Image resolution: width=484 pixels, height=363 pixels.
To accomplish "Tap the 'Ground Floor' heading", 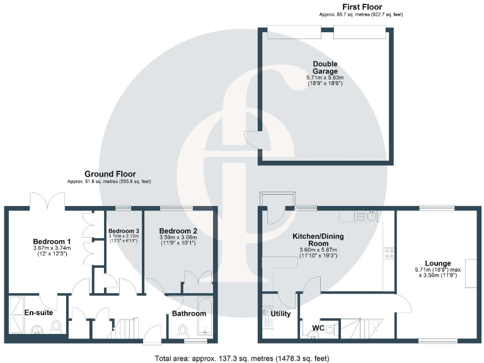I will point(110,174).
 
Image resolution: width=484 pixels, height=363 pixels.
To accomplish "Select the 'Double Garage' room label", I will point(325,67).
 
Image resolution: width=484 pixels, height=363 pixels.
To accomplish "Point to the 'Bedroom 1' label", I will point(52,241).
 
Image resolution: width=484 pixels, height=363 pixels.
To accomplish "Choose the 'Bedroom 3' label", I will point(124,230).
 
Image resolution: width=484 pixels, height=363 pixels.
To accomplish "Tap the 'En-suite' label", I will point(38,312).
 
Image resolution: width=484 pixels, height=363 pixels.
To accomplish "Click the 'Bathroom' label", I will point(190,313).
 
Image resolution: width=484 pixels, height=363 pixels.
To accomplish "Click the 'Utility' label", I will point(280,313).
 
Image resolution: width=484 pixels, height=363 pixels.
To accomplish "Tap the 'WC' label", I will point(318,328).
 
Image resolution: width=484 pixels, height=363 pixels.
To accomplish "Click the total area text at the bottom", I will point(242,358).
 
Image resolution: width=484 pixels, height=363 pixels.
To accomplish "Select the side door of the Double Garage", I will point(253,139).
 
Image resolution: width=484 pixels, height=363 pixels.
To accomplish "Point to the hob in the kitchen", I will point(389,253).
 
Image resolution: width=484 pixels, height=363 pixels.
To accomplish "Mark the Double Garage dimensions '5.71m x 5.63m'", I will point(325,78).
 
